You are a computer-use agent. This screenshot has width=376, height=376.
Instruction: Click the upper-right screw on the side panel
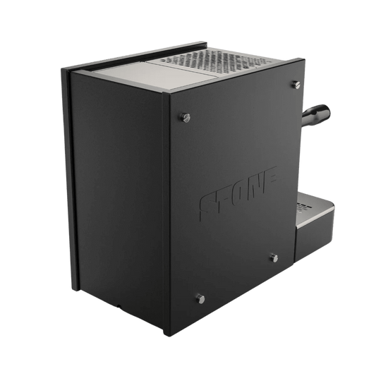[296, 85]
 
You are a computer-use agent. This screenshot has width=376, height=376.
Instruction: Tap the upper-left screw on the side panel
[186, 118]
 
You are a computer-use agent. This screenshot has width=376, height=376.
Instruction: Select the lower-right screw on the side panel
[274, 258]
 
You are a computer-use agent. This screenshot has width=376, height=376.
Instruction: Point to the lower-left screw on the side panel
[200, 299]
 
